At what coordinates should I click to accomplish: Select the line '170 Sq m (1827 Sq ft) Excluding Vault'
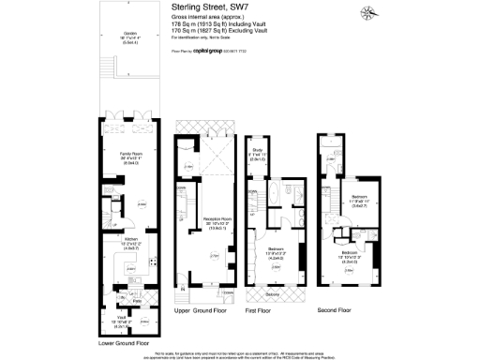228,30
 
